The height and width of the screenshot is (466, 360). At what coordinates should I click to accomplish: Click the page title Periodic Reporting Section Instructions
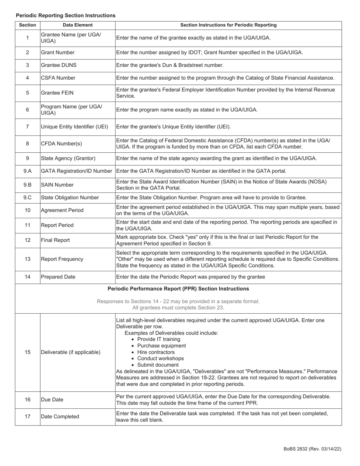coord(66,16)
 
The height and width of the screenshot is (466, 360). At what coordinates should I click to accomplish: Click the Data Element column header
coord(78,25)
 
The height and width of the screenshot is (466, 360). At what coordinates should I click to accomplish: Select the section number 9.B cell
coord(27,185)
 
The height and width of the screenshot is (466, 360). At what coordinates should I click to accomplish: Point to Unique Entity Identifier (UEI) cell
coord(74,127)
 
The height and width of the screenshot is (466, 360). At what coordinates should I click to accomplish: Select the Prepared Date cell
coord(58,277)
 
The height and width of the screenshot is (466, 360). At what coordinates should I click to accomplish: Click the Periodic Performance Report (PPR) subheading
coord(178,289)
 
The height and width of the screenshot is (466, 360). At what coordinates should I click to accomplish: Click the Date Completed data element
coord(60,417)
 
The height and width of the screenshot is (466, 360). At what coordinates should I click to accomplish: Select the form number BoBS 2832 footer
coord(312,449)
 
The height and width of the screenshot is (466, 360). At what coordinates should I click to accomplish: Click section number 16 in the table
coord(27,400)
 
